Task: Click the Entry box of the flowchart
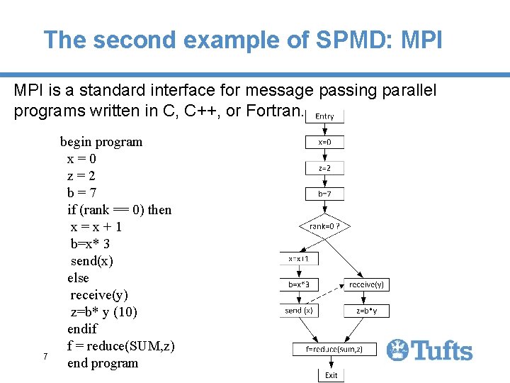coord(324,116)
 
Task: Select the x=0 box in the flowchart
coord(324,142)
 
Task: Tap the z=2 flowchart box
coord(324,168)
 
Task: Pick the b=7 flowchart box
coord(324,193)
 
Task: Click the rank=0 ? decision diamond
coord(324,227)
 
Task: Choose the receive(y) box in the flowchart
coord(366,284)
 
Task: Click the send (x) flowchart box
coord(299,310)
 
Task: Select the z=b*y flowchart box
coord(366,310)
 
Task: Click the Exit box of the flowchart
coord(331,374)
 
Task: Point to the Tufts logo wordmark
coord(430,350)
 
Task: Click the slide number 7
coord(45,356)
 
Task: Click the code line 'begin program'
coord(101,142)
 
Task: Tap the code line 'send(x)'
coord(91,261)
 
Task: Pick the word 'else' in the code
coord(78,278)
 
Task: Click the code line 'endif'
coord(81,329)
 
